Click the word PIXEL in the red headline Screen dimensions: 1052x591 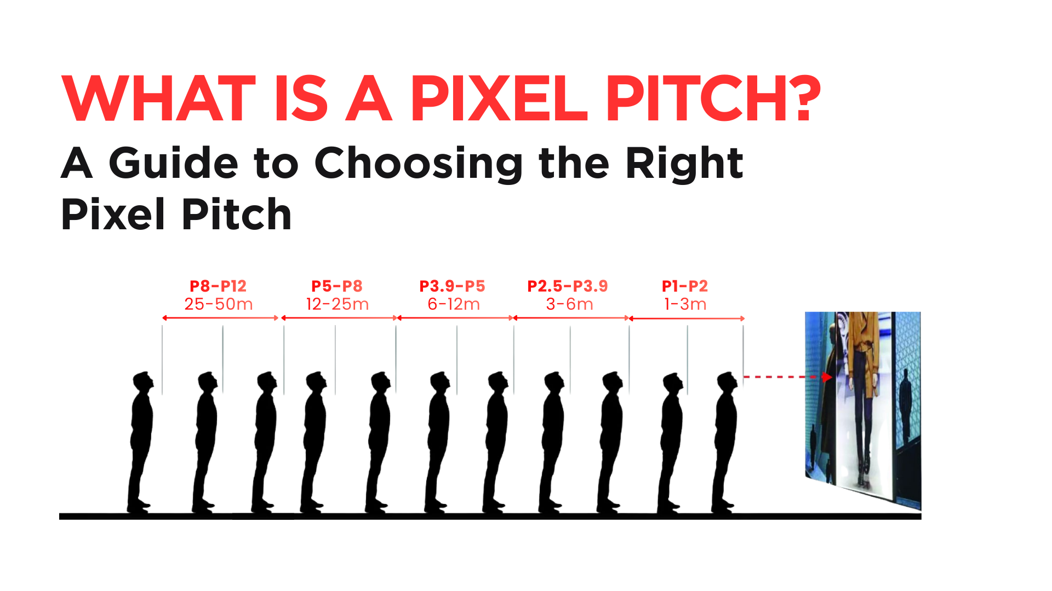click(499, 99)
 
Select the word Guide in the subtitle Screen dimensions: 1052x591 click(173, 163)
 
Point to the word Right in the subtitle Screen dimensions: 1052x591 click(684, 164)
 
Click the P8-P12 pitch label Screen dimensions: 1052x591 click(218, 286)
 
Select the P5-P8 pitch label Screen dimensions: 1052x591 click(337, 286)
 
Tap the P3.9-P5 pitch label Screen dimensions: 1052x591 click(453, 286)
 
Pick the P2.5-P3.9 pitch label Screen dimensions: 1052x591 click(568, 286)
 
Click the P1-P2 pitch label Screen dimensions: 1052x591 click(685, 286)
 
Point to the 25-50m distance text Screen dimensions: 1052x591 click(219, 304)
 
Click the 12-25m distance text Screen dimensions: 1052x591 click(338, 304)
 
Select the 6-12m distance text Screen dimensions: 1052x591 click(454, 304)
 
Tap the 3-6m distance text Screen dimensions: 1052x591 click(570, 304)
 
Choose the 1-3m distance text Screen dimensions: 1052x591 click(685, 304)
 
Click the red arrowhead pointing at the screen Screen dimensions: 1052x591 click(827, 377)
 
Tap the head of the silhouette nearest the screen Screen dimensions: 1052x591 click(727, 382)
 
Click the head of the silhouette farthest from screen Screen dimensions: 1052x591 click(144, 382)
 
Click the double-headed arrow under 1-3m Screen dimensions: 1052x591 click(687, 318)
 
